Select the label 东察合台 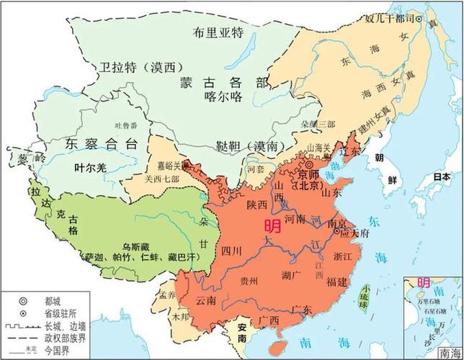100,143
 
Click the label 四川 231,251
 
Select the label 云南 205,300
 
